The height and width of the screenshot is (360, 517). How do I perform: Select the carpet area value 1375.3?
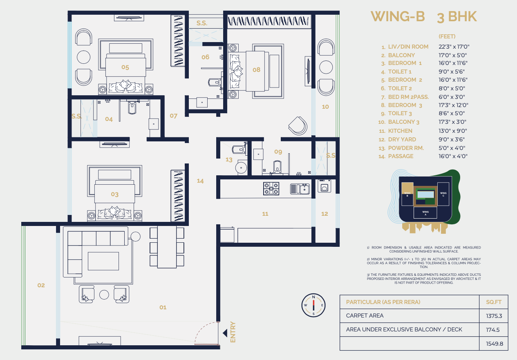[493, 316]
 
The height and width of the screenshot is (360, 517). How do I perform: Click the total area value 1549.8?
[493, 344]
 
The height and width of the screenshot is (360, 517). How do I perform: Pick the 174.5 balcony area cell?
[493, 330]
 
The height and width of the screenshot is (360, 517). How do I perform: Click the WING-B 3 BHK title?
[423, 17]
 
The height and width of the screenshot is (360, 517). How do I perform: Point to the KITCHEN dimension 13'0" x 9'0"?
[453, 131]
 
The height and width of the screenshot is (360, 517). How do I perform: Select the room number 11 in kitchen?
[265, 214]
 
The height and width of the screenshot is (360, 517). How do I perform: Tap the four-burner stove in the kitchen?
[271, 188]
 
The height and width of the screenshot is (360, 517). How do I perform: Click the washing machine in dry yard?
[324, 186]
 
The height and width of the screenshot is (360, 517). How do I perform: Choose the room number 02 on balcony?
[41, 285]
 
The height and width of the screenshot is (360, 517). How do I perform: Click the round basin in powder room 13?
[241, 167]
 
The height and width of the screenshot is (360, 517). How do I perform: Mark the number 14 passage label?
[200, 181]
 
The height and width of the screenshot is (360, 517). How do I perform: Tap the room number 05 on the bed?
[125, 67]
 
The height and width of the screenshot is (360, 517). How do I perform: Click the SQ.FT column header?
[493, 302]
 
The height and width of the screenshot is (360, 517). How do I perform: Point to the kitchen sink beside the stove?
[300, 188]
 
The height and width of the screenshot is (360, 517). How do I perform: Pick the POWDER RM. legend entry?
[405, 148]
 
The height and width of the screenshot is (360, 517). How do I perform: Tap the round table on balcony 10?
[326, 67]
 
